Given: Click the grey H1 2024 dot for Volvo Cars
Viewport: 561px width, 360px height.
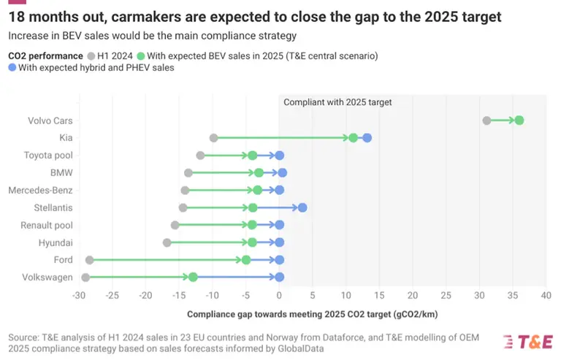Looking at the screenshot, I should [x=486, y=120].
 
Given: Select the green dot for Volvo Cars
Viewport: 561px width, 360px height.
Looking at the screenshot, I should [x=519, y=120].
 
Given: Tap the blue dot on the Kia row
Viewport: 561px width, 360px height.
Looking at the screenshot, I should [x=367, y=138].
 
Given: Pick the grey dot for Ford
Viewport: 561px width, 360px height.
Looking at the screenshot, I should [x=89, y=260].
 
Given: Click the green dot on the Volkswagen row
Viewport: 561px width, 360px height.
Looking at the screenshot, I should [x=193, y=277].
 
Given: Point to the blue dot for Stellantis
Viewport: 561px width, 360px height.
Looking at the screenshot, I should [x=302, y=207].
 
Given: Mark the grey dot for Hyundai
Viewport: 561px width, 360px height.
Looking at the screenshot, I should [x=167, y=242].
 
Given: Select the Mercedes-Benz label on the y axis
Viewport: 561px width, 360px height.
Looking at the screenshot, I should [x=40, y=191].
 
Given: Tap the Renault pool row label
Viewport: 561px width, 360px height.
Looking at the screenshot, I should [x=47, y=225].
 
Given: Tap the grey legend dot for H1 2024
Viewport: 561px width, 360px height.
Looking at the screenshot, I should [x=90, y=55].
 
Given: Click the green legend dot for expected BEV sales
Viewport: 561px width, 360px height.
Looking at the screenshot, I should [x=150, y=55].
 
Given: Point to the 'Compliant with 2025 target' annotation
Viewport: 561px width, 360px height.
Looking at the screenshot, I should [x=337, y=103].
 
